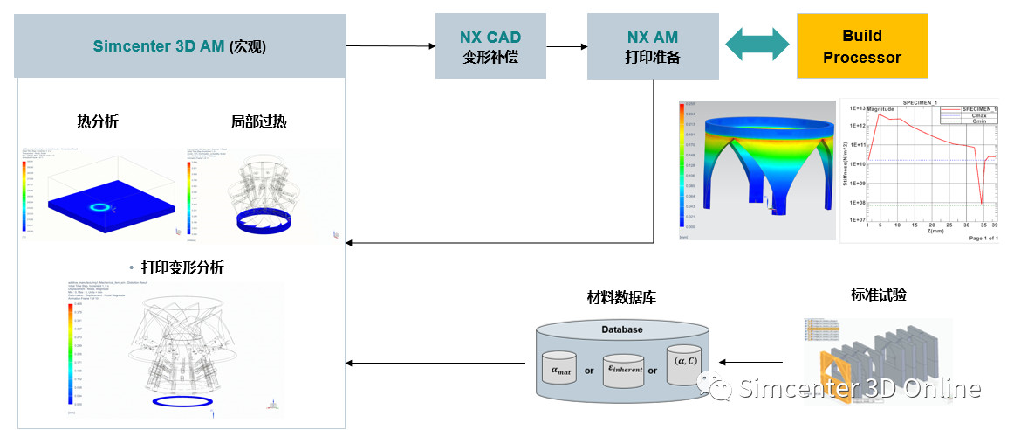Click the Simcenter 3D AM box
pos(181,46)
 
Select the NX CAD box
pos(490,46)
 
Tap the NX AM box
pos(652,46)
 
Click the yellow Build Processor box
pos(861,46)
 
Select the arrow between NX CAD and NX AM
pos(567,46)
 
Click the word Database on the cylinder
pos(621,329)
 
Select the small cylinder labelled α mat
pos(561,369)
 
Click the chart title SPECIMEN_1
pos(924,102)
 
